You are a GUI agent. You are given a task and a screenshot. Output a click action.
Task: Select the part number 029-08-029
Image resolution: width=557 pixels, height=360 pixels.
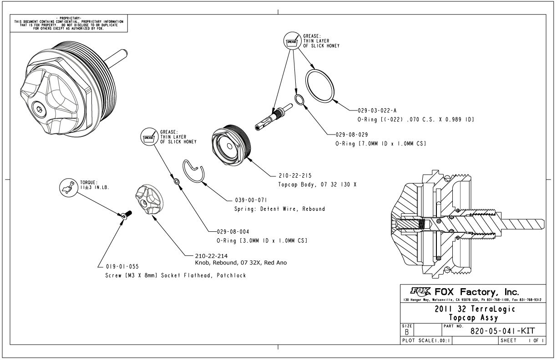tap(351, 135)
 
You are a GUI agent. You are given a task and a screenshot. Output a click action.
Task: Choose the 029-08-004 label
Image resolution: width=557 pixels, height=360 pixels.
tap(233, 231)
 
